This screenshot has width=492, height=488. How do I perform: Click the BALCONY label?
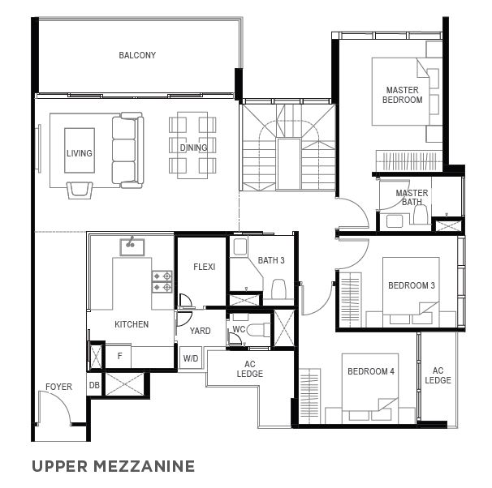point(137,55)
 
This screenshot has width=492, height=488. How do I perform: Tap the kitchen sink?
point(132,246)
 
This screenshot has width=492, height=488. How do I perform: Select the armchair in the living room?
point(80,190)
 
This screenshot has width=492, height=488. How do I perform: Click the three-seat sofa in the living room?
point(127,150)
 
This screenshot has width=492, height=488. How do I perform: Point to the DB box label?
point(94,385)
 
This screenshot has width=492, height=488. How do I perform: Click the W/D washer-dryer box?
point(191,357)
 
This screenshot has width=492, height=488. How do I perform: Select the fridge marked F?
point(119,356)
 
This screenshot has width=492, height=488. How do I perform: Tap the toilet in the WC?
point(258,330)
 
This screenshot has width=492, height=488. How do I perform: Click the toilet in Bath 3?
point(278,289)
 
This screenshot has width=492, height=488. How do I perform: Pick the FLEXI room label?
point(205,267)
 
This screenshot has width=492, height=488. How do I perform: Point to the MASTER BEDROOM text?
point(402,95)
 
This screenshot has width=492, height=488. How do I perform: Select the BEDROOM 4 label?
point(371,371)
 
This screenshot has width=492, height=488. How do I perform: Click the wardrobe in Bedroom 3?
point(350,300)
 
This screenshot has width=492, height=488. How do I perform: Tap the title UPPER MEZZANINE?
point(114,466)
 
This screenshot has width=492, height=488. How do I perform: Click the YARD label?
point(200,331)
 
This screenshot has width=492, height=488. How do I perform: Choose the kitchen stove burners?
point(162,281)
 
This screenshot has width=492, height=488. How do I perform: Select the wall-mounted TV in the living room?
point(39,148)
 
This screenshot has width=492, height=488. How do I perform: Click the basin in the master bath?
point(394,221)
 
